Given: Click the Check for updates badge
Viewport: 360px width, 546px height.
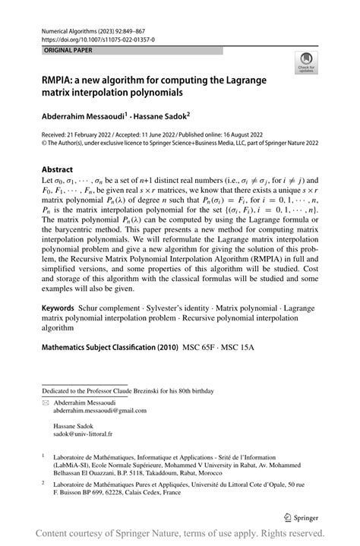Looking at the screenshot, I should (x=305, y=63).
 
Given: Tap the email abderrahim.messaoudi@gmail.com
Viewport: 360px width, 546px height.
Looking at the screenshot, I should (x=99, y=410).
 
